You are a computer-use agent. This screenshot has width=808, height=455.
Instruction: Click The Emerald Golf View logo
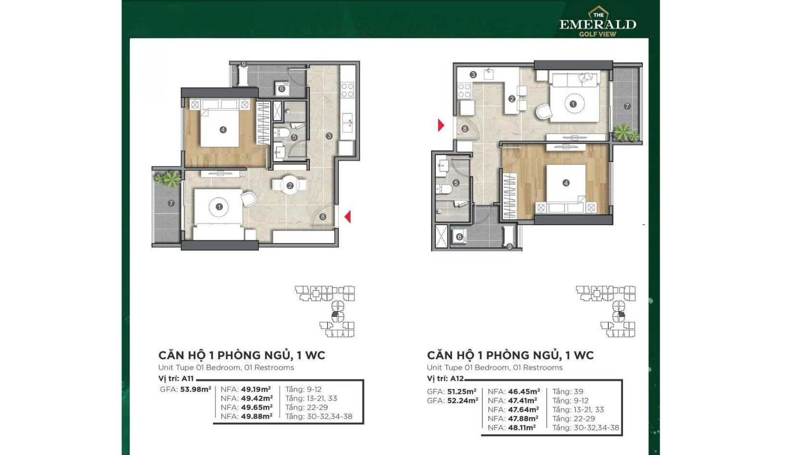point(598,22)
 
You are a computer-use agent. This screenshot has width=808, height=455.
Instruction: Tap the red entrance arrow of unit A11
point(348,217)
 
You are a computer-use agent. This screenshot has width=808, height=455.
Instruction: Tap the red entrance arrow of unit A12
point(441,125)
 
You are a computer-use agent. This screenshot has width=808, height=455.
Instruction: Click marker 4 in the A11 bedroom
point(223,130)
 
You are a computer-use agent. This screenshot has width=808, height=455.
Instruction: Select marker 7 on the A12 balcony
point(627,106)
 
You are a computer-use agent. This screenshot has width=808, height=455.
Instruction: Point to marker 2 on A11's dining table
point(290,186)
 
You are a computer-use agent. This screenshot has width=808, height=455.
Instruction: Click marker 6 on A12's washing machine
point(459,237)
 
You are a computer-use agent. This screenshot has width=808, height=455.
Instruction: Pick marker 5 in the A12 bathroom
point(456,183)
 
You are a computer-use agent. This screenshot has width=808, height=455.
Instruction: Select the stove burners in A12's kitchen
point(464,91)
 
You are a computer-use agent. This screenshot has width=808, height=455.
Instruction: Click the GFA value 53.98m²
point(195,389)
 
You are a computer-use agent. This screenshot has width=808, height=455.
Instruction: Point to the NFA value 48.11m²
point(521,428)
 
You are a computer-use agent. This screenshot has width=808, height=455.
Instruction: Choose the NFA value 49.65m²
point(256,407)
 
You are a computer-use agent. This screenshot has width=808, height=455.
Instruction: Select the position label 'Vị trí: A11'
point(176,378)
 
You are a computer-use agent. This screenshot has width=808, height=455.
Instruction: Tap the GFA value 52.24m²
point(463,401)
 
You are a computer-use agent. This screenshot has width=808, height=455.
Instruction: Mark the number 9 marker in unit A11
point(243,65)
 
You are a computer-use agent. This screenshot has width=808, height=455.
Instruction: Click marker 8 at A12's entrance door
point(465,129)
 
